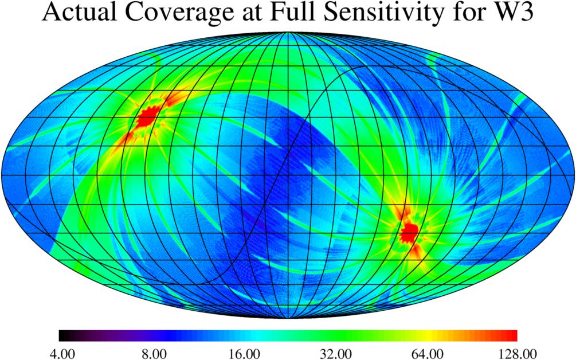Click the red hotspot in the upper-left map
click(x=147, y=117)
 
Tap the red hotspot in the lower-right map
click(x=409, y=233)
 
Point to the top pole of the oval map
click(x=288, y=33)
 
